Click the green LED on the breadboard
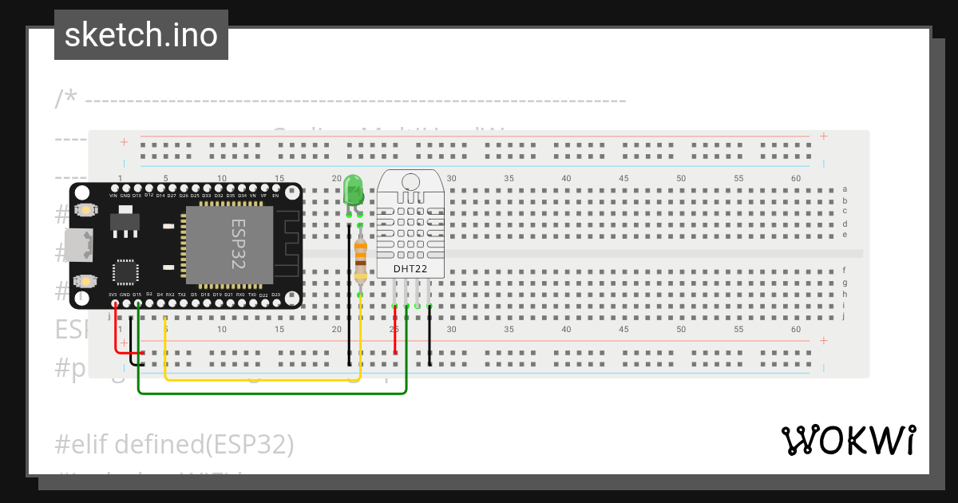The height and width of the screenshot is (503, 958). click(x=352, y=191)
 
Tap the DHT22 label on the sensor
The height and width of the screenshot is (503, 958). click(x=410, y=270)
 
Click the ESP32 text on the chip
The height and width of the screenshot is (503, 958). click(x=237, y=244)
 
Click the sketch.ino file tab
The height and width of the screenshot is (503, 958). click(x=141, y=35)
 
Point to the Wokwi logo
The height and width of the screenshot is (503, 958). click(x=848, y=440)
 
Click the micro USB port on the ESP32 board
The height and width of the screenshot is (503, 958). click(x=81, y=245)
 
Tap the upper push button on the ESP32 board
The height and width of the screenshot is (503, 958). click(x=85, y=210)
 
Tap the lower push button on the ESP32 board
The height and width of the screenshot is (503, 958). click(x=85, y=281)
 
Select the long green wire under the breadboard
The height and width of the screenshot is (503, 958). click(x=271, y=393)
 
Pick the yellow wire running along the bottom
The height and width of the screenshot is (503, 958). click(x=263, y=379)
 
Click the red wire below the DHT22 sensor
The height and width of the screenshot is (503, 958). click(x=395, y=335)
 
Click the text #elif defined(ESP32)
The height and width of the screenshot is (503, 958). click(x=175, y=444)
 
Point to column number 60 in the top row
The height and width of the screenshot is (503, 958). click(x=795, y=179)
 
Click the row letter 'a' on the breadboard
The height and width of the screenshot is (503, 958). click(x=845, y=189)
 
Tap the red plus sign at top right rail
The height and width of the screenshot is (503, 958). click(x=823, y=137)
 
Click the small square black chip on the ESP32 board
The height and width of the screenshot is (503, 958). click(x=125, y=271)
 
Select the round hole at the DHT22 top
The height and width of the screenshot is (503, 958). click(x=411, y=181)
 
